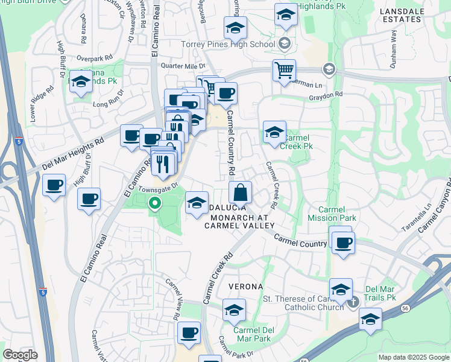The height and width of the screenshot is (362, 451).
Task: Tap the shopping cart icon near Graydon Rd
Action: coord(283,70)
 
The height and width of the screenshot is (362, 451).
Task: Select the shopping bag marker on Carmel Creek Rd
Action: coord(240,193)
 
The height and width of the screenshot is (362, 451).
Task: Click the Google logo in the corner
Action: coord(20,355)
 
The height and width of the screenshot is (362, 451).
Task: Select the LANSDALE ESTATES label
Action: coord(398,15)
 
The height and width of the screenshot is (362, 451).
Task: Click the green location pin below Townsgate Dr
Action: coord(155,203)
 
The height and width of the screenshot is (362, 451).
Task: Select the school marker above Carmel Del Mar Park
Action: coord(234,310)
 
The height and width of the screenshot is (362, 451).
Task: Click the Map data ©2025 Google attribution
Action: coord(414,357)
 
